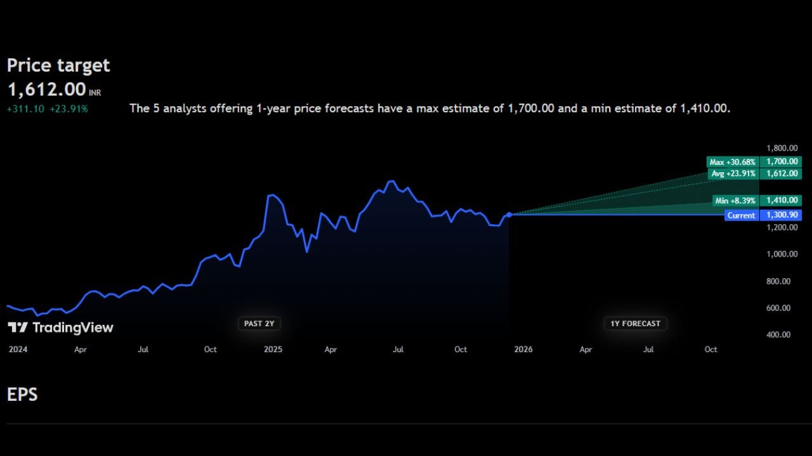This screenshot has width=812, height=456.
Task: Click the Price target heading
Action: [58, 65]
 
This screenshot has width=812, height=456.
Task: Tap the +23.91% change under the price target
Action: [69, 109]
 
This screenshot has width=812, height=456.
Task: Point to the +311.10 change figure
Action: [25, 109]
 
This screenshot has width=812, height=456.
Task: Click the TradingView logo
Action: [60, 327]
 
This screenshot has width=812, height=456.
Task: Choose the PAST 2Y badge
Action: [259, 324]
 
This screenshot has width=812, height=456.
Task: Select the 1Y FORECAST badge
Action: [635, 324]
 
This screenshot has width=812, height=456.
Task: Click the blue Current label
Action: [741, 215]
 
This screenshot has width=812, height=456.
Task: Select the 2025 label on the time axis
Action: [273, 350]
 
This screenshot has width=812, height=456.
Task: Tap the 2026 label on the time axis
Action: [523, 350]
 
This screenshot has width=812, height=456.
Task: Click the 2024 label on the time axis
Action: [18, 350]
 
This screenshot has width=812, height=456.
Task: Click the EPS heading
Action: [22, 395]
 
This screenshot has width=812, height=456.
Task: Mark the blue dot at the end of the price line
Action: [509, 215]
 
